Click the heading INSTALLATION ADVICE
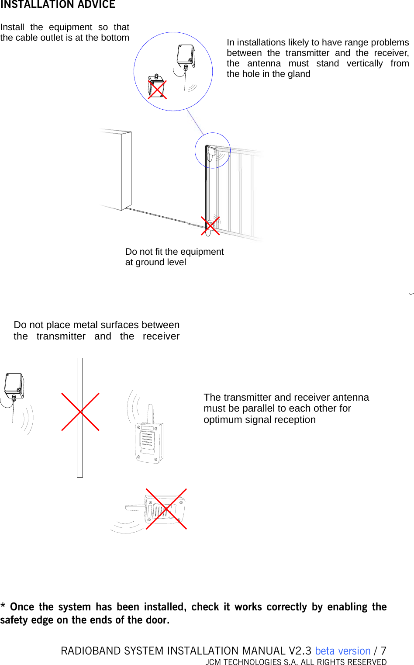(58, 5)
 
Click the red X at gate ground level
(210, 225)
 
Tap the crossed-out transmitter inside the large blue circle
(157, 88)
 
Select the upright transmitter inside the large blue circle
(186, 56)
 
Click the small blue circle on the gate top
(212, 150)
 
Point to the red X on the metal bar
(80, 412)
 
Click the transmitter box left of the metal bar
(14, 385)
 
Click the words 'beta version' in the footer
(342, 651)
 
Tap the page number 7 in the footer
(383, 651)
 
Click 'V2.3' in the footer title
(300, 651)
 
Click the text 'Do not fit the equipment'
(174, 252)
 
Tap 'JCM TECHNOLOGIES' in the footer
(243, 662)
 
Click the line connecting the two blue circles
(195, 122)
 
